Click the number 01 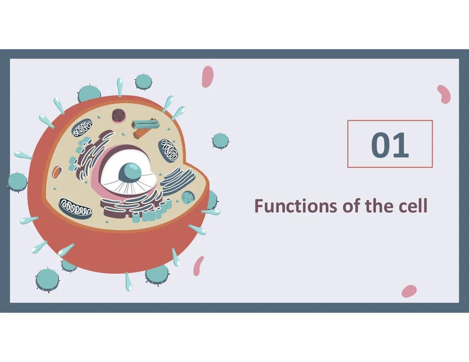point(390,145)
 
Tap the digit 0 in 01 point(381,145)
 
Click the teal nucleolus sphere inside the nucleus point(130,172)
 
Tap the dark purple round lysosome point(119,115)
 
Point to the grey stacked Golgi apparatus point(178,178)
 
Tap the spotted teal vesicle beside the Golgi point(188,197)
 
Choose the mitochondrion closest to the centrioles point(168,150)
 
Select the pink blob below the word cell point(409,291)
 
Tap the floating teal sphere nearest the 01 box point(220,141)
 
